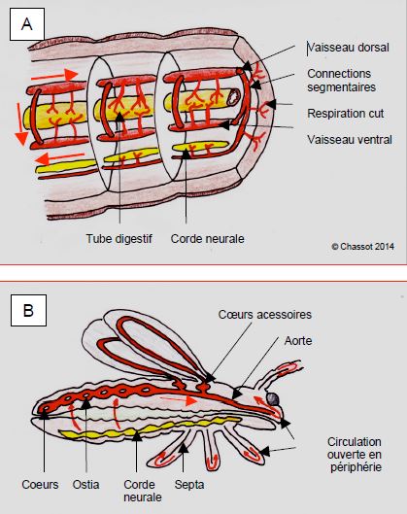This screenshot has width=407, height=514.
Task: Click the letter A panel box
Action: pyautogui.click(x=27, y=24)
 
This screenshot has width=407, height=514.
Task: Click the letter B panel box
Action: pyautogui.click(x=28, y=310)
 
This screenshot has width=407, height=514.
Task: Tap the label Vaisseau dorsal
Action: pyautogui.click(x=349, y=48)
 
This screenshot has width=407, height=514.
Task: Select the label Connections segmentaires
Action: pyautogui.click(x=341, y=81)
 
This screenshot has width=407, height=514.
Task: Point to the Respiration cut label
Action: pyautogui.click(x=346, y=114)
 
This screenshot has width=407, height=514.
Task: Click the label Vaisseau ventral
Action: pyautogui.click(x=350, y=140)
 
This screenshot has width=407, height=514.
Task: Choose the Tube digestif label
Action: pyautogui.click(x=119, y=239)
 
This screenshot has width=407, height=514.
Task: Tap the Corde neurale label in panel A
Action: pyautogui.click(x=208, y=239)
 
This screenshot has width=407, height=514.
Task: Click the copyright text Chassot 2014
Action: pyautogui.click(x=362, y=247)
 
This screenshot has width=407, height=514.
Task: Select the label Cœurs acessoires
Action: pyautogui.click(x=265, y=315)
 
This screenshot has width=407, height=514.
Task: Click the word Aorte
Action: pyautogui.click(x=298, y=341)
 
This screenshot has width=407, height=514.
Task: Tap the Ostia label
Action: pyautogui.click(x=85, y=485)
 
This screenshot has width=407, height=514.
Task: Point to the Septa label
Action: pyautogui.click(x=189, y=485)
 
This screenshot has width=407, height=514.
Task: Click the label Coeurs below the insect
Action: pyautogui.click(x=40, y=485)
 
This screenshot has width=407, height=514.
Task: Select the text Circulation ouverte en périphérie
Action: pyautogui.click(x=355, y=455)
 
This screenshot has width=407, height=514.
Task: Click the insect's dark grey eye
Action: pyautogui.click(x=273, y=399)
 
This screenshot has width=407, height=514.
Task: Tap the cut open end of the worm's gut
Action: pyautogui.click(x=234, y=97)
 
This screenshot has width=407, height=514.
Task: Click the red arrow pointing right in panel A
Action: pyautogui.click(x=54, y=76)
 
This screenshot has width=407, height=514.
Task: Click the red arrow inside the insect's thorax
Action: pyautogui.click(x=179, y=400)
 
